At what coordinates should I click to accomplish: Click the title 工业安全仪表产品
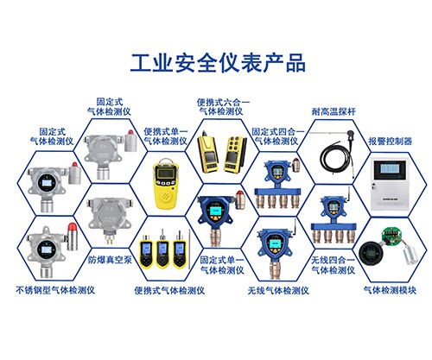click(217, 63)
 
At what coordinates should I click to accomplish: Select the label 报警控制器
click(391, 140)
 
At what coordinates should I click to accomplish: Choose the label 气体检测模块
click(391, 290)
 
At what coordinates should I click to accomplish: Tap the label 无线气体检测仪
click(276, 290)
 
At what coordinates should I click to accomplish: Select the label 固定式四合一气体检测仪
click(278, 137)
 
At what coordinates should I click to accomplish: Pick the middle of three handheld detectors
click(164, 250)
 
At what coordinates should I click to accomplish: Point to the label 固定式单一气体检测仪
click(222, 265)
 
